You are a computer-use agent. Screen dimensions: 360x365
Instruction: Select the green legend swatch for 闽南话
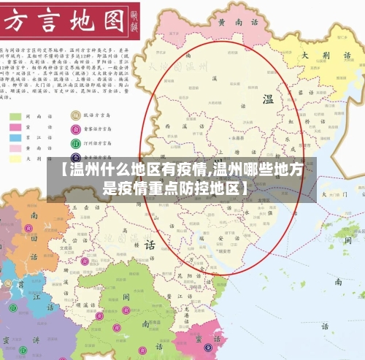[x=15, y=115]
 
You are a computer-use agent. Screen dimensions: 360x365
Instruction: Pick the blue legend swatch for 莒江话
[x=15, y=137]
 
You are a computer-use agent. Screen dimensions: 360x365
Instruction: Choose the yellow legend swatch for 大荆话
[x=15, y=157]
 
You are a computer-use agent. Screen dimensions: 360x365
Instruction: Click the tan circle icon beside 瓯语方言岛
[x=74, y=115]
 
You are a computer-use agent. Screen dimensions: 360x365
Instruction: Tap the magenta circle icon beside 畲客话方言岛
[x=74, y=129]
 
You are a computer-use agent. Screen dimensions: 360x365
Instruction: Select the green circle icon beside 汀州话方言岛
[x=74, y=143]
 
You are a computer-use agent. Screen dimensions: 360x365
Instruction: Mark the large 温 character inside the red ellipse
[x=268, y=99]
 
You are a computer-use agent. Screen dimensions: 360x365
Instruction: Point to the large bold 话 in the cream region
[x=149, y=243]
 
